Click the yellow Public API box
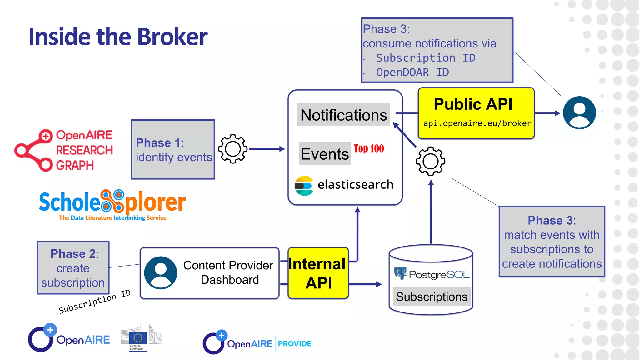pyautogui.click(x=476, y=113)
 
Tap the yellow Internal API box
pyautogui.click(x=318, y=273)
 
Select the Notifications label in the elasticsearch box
pyautogui.click(x=343, y=115)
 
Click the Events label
pyautogui.click(x=325, y=154)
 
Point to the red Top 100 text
pyautogui.click(x=369, y=148)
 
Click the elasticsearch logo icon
pyautogui.click(x=304, y=185)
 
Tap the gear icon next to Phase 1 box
pyautogui.click(x=233, y=149)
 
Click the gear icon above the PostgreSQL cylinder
pyautogui.click(x=431, y=161)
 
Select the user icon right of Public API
pyautogui.click(x=579, y=112)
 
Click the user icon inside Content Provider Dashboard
pyautogui.click(x=161, y=272)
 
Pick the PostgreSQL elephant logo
pyautogui.click(x=400, y=273)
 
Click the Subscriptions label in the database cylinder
pyautogui.click(x=432, y=297)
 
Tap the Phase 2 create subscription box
pyautogui.click(x=73, y=268)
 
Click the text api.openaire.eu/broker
pyautogui.click(x=477, y=123)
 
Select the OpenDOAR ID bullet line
pyautogui.click(x=412, y=72)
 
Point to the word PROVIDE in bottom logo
pyautogui.click(x=295, y=344)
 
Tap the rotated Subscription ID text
pyautogui.click(x=94, y=302)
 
